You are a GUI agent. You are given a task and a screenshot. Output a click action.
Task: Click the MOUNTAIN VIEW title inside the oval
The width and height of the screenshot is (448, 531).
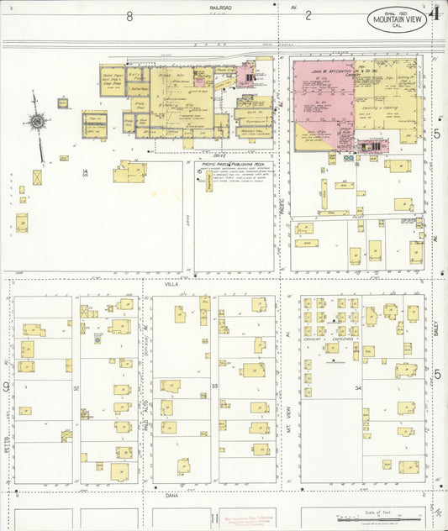point(396,19)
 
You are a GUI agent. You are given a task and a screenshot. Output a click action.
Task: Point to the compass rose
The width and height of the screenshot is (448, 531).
point(37,123)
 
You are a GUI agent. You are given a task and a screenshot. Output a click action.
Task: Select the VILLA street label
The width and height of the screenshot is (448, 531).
point(171,285)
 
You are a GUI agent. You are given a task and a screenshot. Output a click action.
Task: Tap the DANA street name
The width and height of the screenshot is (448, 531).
point(173,497)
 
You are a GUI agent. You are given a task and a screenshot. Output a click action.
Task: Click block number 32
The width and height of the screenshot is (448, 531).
point(76,388)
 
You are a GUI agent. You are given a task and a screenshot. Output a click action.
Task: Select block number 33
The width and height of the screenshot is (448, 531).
point(214,386)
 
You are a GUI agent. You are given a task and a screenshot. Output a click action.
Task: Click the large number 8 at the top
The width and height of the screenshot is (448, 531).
point(129,16)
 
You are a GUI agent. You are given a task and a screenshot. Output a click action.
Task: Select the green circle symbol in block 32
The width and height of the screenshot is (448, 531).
point(98,340)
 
